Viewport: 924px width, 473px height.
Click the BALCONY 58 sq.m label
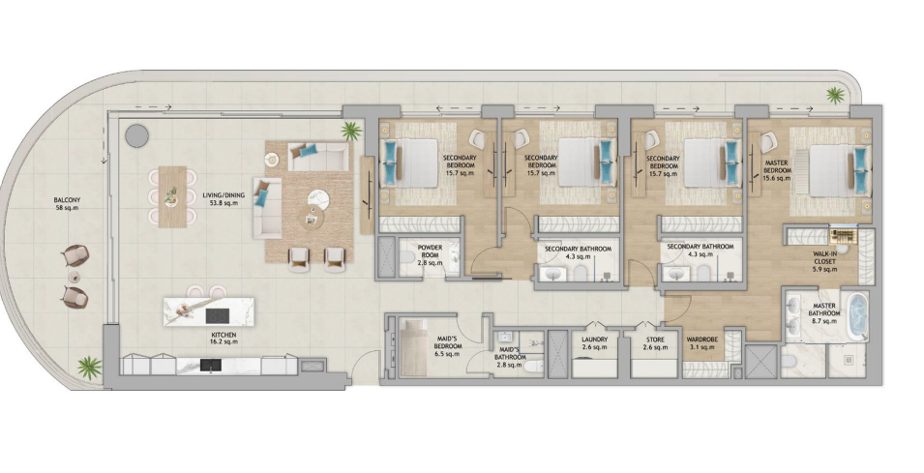pyautogui.click(x=66, y=204)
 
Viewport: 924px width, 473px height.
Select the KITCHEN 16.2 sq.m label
pyautogui.click(x=223, y=339)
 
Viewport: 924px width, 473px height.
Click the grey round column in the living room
pyautogui.click(x=136, y=135)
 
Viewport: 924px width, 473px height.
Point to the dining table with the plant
pyautogui.click(x=172, y=196)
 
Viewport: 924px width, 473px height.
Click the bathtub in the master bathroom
pyautogui.click(x=857, y=316)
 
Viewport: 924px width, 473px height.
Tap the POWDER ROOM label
pyautogui.click(x=430, y=251)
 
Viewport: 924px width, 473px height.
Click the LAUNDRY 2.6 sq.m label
pyautogui.click(x=594, y=343)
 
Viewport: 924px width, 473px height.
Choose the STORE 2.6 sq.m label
pyautogui.click(x=655, y=343)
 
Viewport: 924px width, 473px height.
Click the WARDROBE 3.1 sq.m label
pyautogui.click(x=700, y=343)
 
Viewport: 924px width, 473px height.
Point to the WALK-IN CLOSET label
pyautogui.click(x=823, y=258)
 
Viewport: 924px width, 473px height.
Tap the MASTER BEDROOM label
pyautogui.click(x=777, y=166)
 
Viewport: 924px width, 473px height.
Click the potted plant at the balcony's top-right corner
pyautogui.click(x=834, y=95)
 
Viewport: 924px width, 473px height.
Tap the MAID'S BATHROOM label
pyautogui.click(x=510, y=353)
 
